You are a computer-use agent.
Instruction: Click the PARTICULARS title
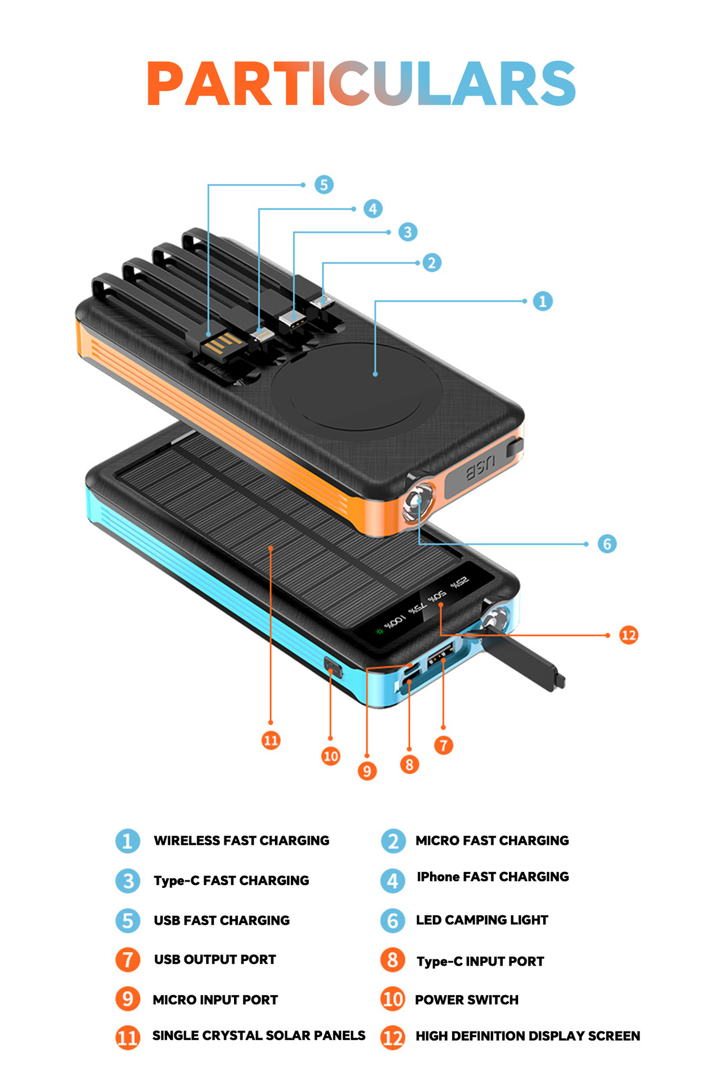tap(361, 84)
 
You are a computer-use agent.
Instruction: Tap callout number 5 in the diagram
tap(324, 185)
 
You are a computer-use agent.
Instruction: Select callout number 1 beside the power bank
tap(542, 301)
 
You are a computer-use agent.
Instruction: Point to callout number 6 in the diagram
tap(607, 544)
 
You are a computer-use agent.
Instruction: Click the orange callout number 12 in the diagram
tap(628, 635)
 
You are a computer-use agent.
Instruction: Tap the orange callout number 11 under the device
tap(271, 740)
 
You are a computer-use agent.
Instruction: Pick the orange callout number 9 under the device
tap(367, 770)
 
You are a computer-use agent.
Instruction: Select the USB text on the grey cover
tap(481, 468)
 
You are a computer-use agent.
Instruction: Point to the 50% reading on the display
tap(436, 597)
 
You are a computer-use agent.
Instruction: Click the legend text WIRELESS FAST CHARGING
tap(241, 840)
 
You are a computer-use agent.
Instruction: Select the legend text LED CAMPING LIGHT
tap(482, 920)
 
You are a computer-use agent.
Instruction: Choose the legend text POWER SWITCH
tap(466, 1000)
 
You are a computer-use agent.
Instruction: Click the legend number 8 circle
tap(393, 960)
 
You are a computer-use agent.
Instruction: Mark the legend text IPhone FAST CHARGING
tap(493, 877)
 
